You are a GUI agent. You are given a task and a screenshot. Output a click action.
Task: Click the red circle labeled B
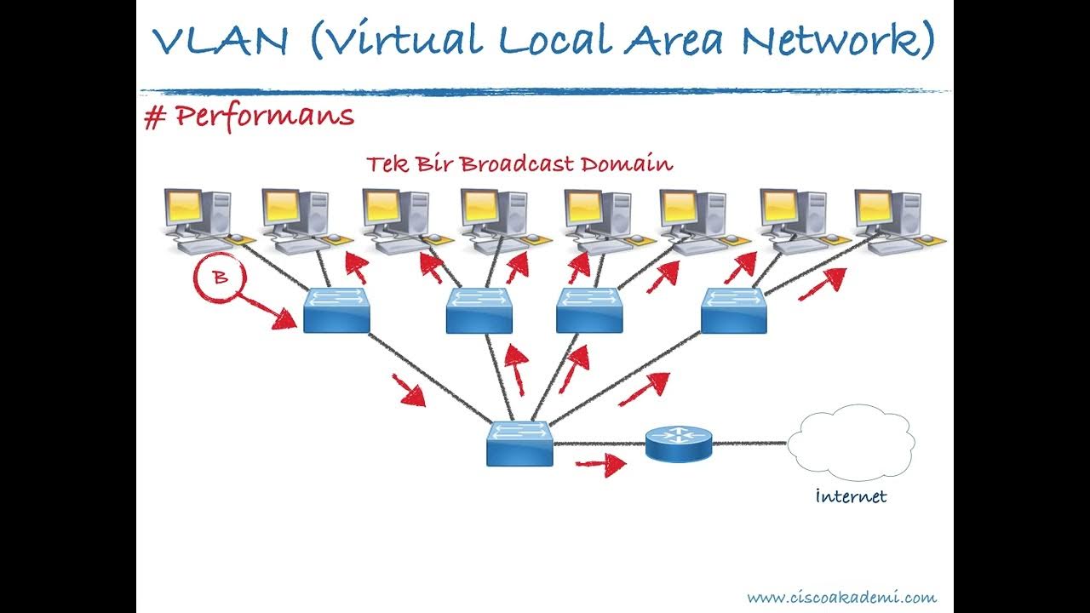pyautogui.click(x=219, y=278)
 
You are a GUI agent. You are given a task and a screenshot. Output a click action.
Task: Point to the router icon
pyautogui.click(x=677, y=443)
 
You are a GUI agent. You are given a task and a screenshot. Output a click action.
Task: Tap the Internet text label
pyautogui.click(x=850, y=496)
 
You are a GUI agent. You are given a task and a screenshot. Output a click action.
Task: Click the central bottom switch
pyautogui.click(x=519, y=443)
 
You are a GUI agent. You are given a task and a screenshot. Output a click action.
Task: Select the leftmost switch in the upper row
pyautogui.click(x=336, y=309)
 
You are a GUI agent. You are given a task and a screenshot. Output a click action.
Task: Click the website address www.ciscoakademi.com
pyautogui.click(x=841, y=597)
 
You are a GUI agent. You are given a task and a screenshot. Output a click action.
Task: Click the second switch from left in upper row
pyautogui.click(x=479, y=310)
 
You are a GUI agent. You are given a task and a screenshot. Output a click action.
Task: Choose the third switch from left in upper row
pyautogui.click(x=589, y=310)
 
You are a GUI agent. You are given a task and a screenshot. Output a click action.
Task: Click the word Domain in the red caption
pyautogui.click(x=627, y=163)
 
